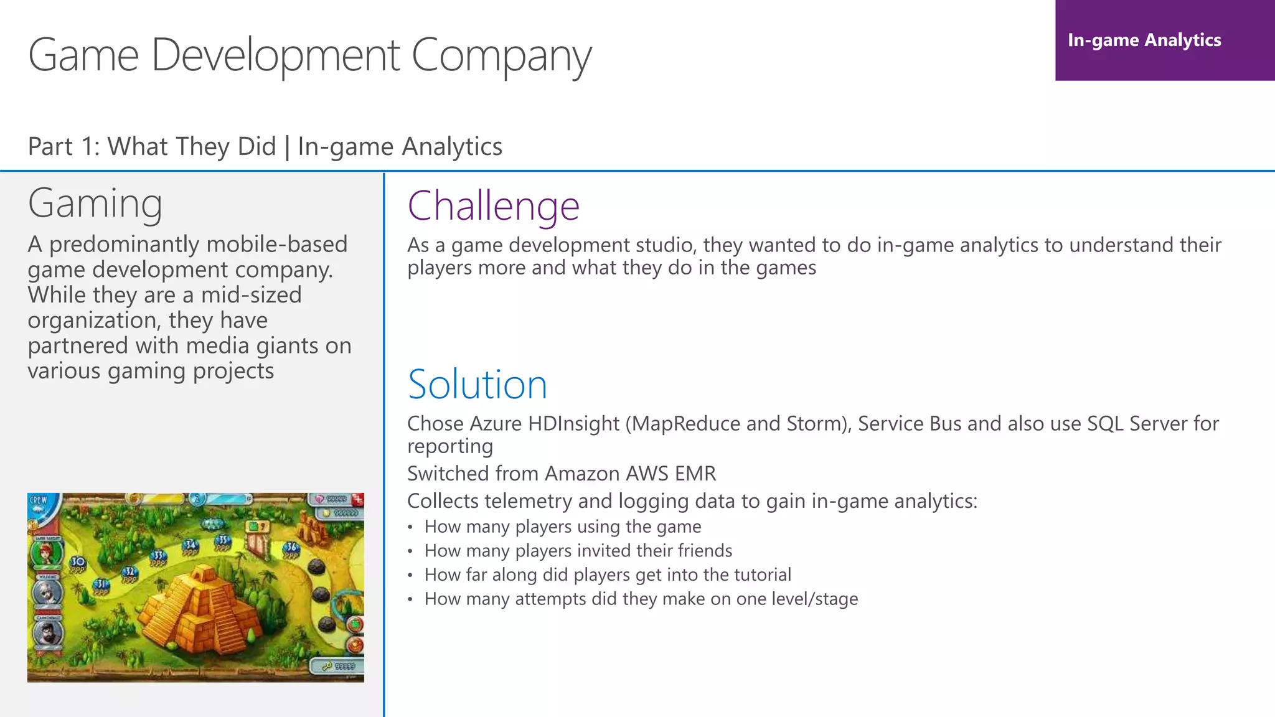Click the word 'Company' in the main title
pyautogui.click(x=501, y=56)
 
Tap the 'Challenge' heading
pyautogui.click(x=493, y=206)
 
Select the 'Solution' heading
pyautogui.click(x=478, y=384)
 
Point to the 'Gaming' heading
pyautogui.click(x=95, y=204)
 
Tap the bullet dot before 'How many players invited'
pyautogui.click(x=410, y=551)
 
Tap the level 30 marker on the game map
pyautogui.click(x=78, y=562)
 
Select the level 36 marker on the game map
pyautogui.click(x=291, y=548)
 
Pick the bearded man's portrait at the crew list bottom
pyautogui.click(x=47, y=633)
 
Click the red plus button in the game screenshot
pyautogui.click(x=358, y=499)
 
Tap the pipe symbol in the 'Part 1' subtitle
pyautogui.click(x=287, y=147)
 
